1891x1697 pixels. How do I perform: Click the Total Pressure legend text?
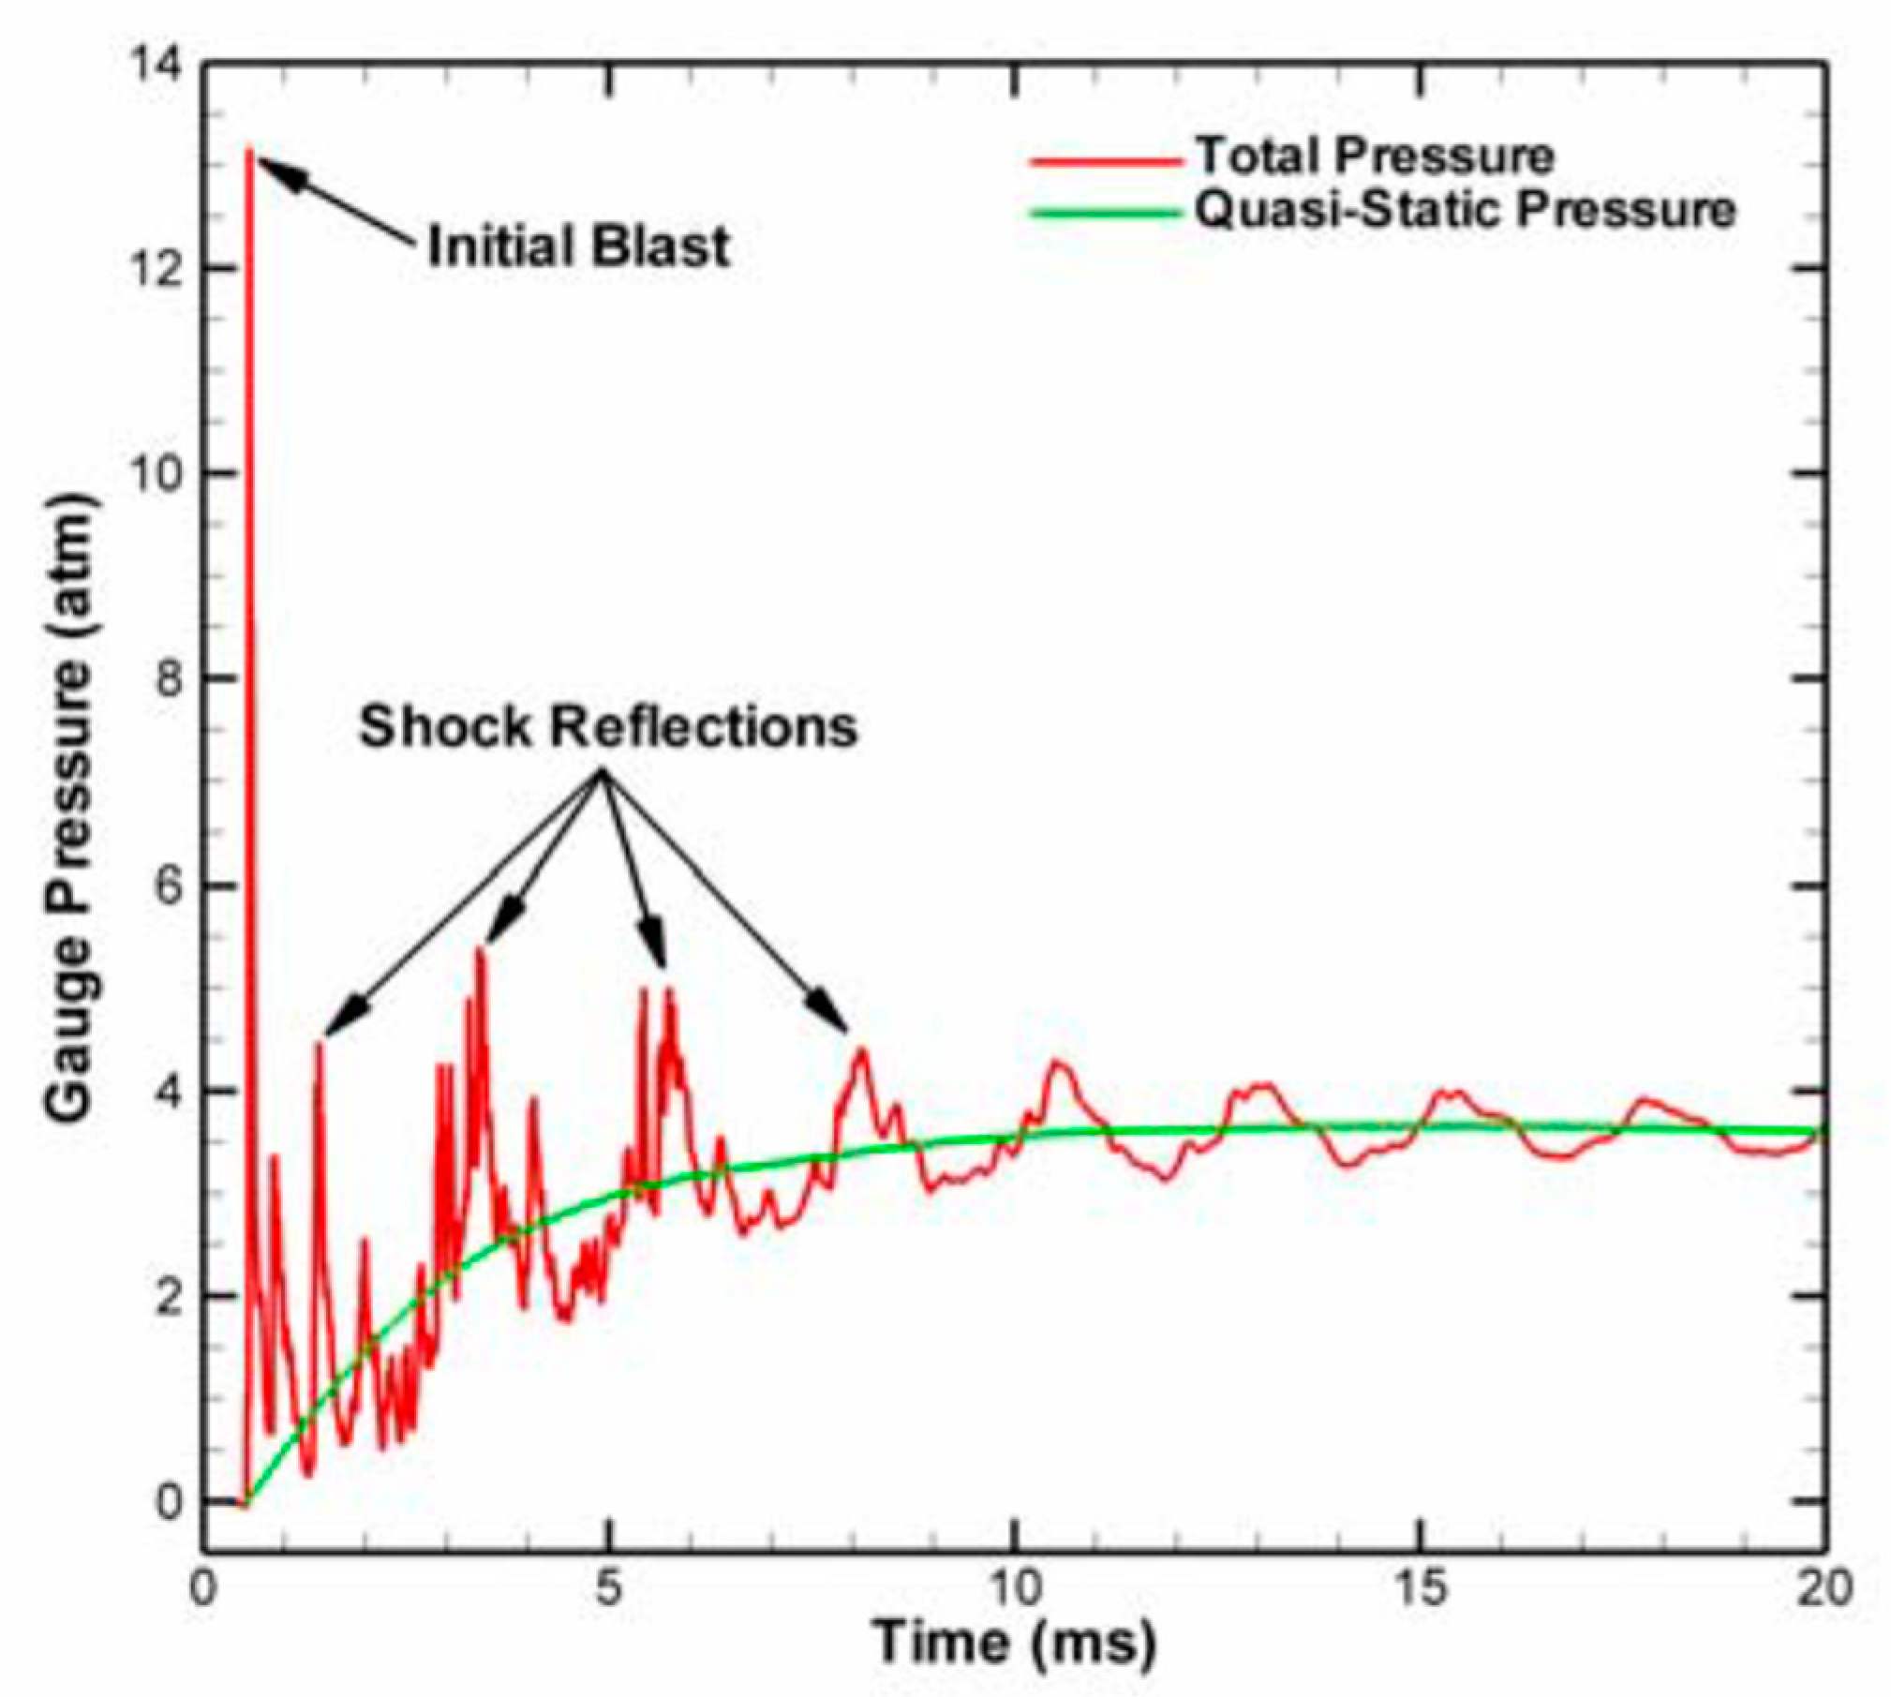(1375, 156)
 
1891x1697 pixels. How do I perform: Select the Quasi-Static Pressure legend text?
(1465, 210)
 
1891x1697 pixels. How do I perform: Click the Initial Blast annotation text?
(578, 247)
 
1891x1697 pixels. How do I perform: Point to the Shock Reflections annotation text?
(608, 726)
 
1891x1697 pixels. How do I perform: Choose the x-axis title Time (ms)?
(1014, 1641)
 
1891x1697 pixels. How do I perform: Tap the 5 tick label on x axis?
(608, 1587)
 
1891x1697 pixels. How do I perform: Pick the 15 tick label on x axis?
(1421, 1587)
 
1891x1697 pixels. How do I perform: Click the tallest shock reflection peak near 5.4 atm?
(481, 950)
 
